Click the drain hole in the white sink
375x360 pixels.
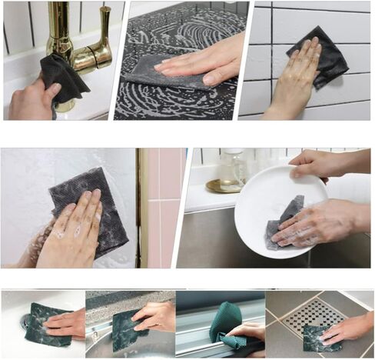[x=25, y=322]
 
